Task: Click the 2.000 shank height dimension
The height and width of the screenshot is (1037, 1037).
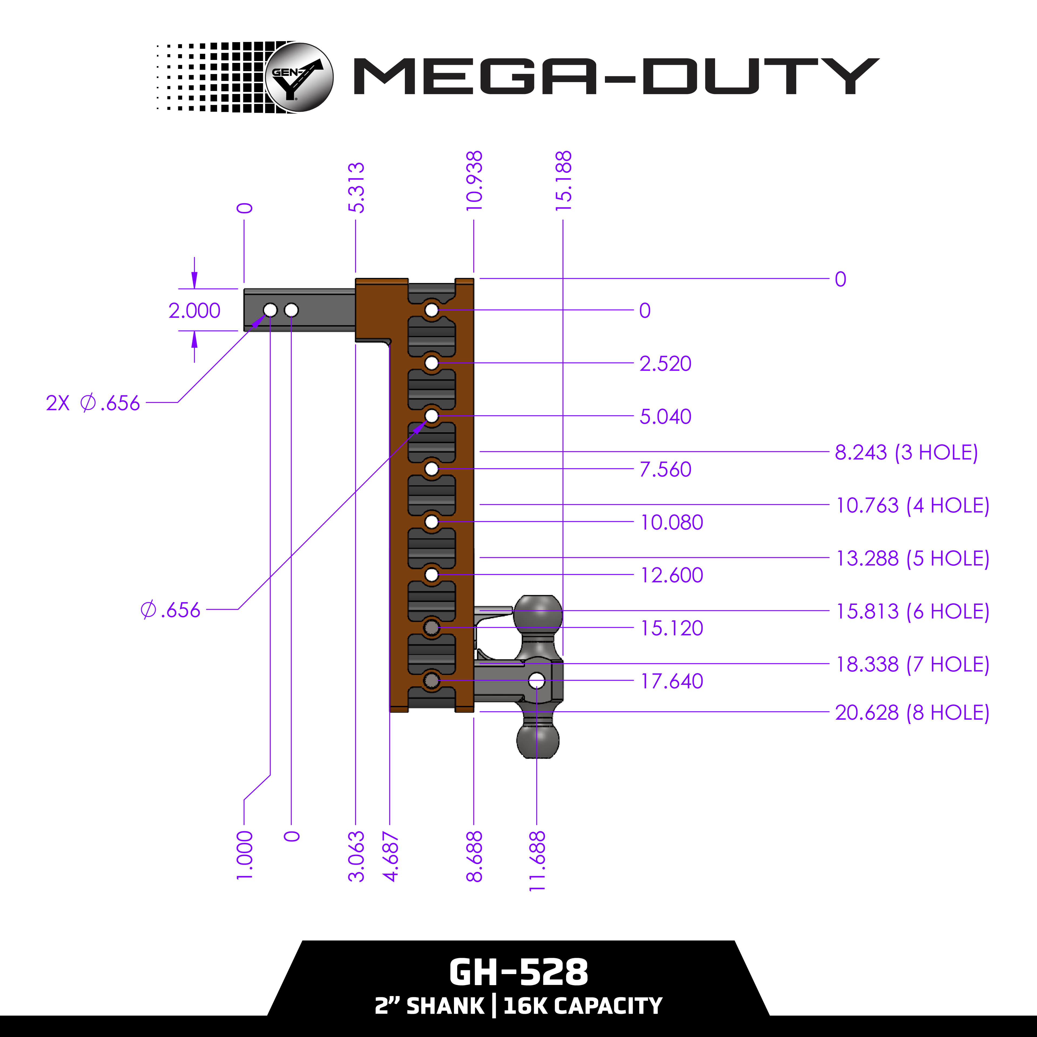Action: point(194,310)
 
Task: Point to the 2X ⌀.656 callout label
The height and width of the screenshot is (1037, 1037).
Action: point(93,403)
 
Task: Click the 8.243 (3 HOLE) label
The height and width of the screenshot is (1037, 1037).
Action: point(906,453)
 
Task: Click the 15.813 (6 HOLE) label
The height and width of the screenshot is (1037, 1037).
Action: point(913,611)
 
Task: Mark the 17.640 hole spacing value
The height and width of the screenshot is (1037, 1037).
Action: point(671,681)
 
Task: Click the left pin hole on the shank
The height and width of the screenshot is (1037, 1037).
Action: point(270,310)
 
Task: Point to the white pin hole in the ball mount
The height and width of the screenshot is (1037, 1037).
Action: point(537,681)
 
